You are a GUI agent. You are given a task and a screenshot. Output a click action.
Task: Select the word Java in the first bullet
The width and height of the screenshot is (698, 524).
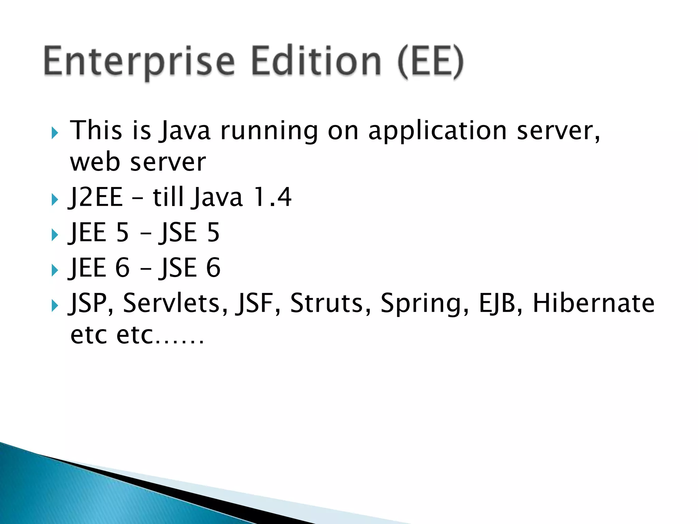[185, 131]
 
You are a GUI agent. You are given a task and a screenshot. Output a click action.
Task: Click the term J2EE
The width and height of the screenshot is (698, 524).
[95, 197]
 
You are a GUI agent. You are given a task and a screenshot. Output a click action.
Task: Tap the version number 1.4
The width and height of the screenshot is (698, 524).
[273, 197]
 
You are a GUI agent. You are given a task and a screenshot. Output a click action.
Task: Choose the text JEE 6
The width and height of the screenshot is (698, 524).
[99, 268]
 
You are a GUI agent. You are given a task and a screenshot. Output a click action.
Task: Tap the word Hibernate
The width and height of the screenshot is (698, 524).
[593, 303]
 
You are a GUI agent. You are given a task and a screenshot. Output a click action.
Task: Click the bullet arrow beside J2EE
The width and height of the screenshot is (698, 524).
[55, 200]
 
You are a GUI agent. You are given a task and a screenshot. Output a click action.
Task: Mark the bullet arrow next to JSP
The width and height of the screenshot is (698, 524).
[55, 305]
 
